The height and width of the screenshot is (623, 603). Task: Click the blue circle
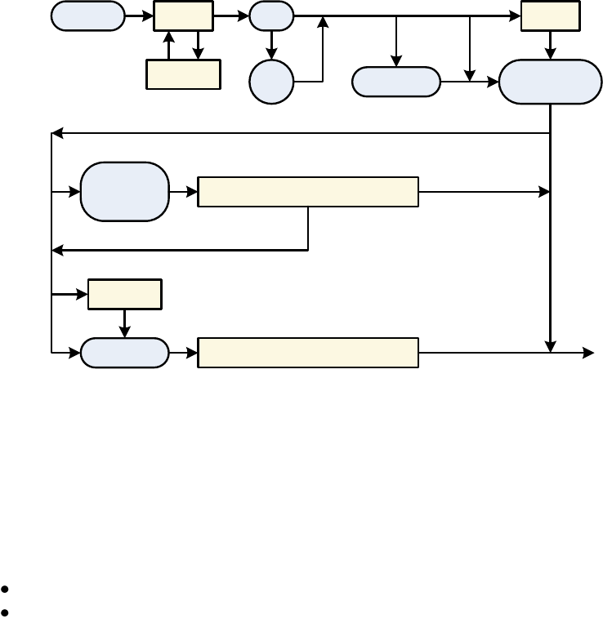(271, 82)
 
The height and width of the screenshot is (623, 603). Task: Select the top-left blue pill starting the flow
(88, 16)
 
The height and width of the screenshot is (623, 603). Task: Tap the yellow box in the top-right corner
(550, 16)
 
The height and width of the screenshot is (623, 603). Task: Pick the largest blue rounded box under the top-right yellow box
(550, 82)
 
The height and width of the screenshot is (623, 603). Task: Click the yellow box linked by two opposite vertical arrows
(183, 74)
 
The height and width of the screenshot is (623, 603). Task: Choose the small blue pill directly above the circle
(271, 16)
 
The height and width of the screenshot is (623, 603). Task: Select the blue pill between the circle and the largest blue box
(396, 82)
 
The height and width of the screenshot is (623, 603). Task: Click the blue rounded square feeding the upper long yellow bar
(125, 192)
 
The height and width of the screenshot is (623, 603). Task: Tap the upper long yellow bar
(308, 192)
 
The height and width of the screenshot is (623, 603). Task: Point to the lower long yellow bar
(308, 353)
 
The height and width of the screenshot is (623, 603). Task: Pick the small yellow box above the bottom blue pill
(124, 294)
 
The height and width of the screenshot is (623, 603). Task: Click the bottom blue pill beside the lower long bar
(125, 353)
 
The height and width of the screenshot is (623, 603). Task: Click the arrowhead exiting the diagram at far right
(589, 353)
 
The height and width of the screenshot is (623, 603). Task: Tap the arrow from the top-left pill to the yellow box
(139, 16)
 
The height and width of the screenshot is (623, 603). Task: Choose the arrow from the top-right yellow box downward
(550, 45)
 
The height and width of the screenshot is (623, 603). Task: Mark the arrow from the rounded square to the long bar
(184, 192)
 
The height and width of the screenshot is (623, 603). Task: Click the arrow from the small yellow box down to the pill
(124, 323)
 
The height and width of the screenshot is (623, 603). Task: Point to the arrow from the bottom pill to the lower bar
(184, 353)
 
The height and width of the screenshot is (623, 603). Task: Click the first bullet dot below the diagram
(6, 589)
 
